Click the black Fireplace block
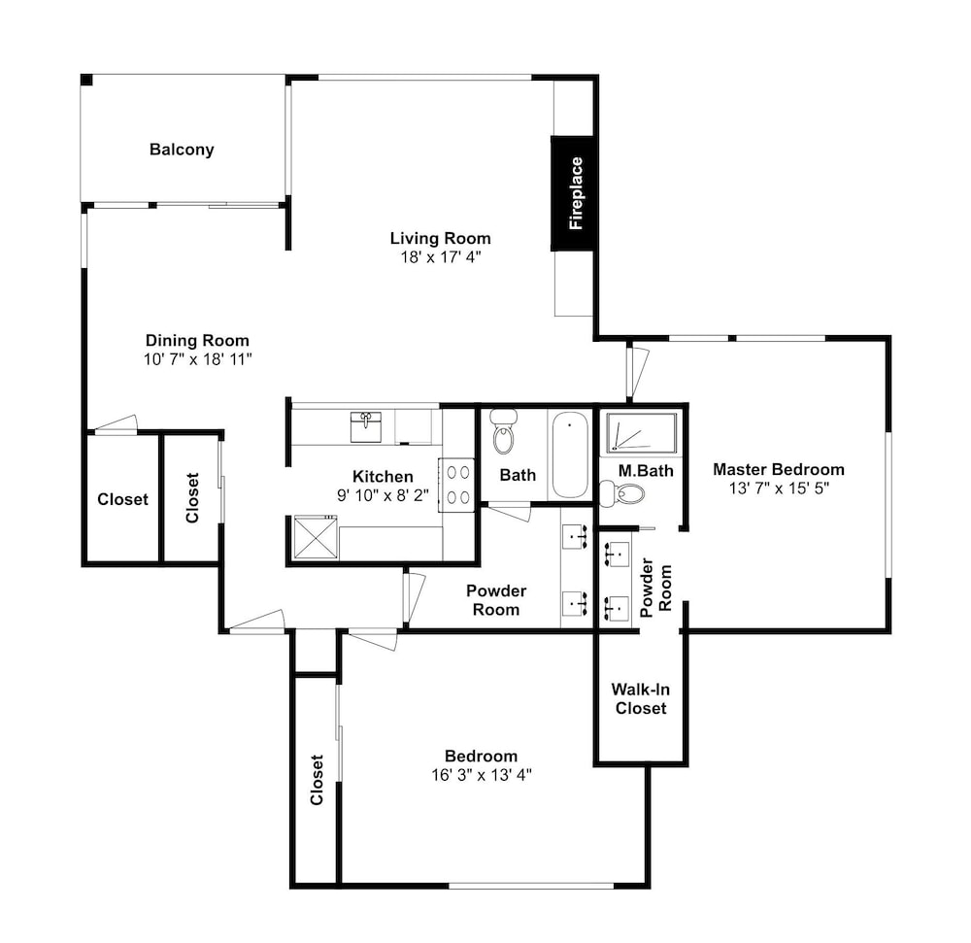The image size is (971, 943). tap(572, 193)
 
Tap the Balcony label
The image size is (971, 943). tap(182, 150)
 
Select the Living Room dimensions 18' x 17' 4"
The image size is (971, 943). tap(440, 257)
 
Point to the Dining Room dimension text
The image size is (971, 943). tap(197, 359)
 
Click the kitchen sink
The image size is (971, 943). tap(366, 427)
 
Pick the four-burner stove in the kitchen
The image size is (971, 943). tap(457, 485)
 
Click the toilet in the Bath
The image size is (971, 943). tap(503, 431)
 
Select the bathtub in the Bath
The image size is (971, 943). tap(570, 455)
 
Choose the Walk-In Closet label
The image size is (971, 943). tap(640, 698)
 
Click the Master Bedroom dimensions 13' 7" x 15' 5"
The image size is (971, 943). tap(779, 488)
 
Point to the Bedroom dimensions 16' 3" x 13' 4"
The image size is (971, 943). tap(482, 775)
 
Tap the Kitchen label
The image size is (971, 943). tap(383, 476)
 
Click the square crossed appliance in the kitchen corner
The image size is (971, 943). tap(316, 537)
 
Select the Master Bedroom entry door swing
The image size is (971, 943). tap(637, 373)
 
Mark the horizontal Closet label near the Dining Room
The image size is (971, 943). tap(122, 499)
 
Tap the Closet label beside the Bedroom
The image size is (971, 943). tap(317, 780)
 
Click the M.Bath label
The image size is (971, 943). tap(646, 471)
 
